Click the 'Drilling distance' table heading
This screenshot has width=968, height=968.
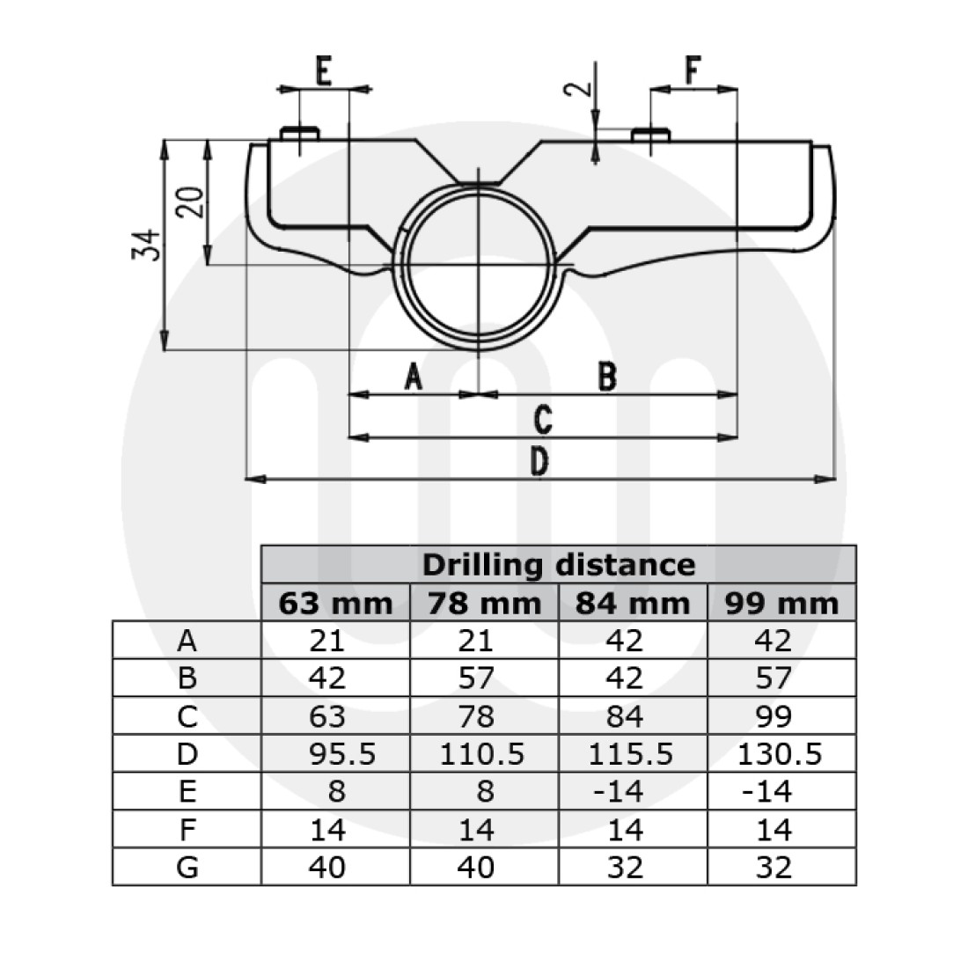click(x=559, y=564)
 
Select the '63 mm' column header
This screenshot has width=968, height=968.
click(x=335, y=604)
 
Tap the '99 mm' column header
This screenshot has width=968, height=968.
click(x=781, y=604)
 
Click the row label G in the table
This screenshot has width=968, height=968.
click(x=187, y=867)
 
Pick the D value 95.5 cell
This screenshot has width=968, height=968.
click(x=335, y=754)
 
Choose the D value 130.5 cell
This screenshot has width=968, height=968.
click(x=781, y=754)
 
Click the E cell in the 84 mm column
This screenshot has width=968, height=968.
click(x=632, y=792)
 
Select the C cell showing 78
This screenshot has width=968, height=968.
click(x=484, y=716)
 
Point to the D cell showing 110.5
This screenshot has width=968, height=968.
click(x=484, y=754)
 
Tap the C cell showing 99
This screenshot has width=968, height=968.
click(x=781, y=716)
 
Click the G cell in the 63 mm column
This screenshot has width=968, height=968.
click(x=335, y=867)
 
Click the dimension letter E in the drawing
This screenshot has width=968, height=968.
click(x=323, y=71)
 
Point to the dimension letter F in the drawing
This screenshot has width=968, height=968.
click(x=694, y=71)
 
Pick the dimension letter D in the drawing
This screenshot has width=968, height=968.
click(x=539, y=461)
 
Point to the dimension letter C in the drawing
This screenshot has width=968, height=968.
click(x=543, y=420)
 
